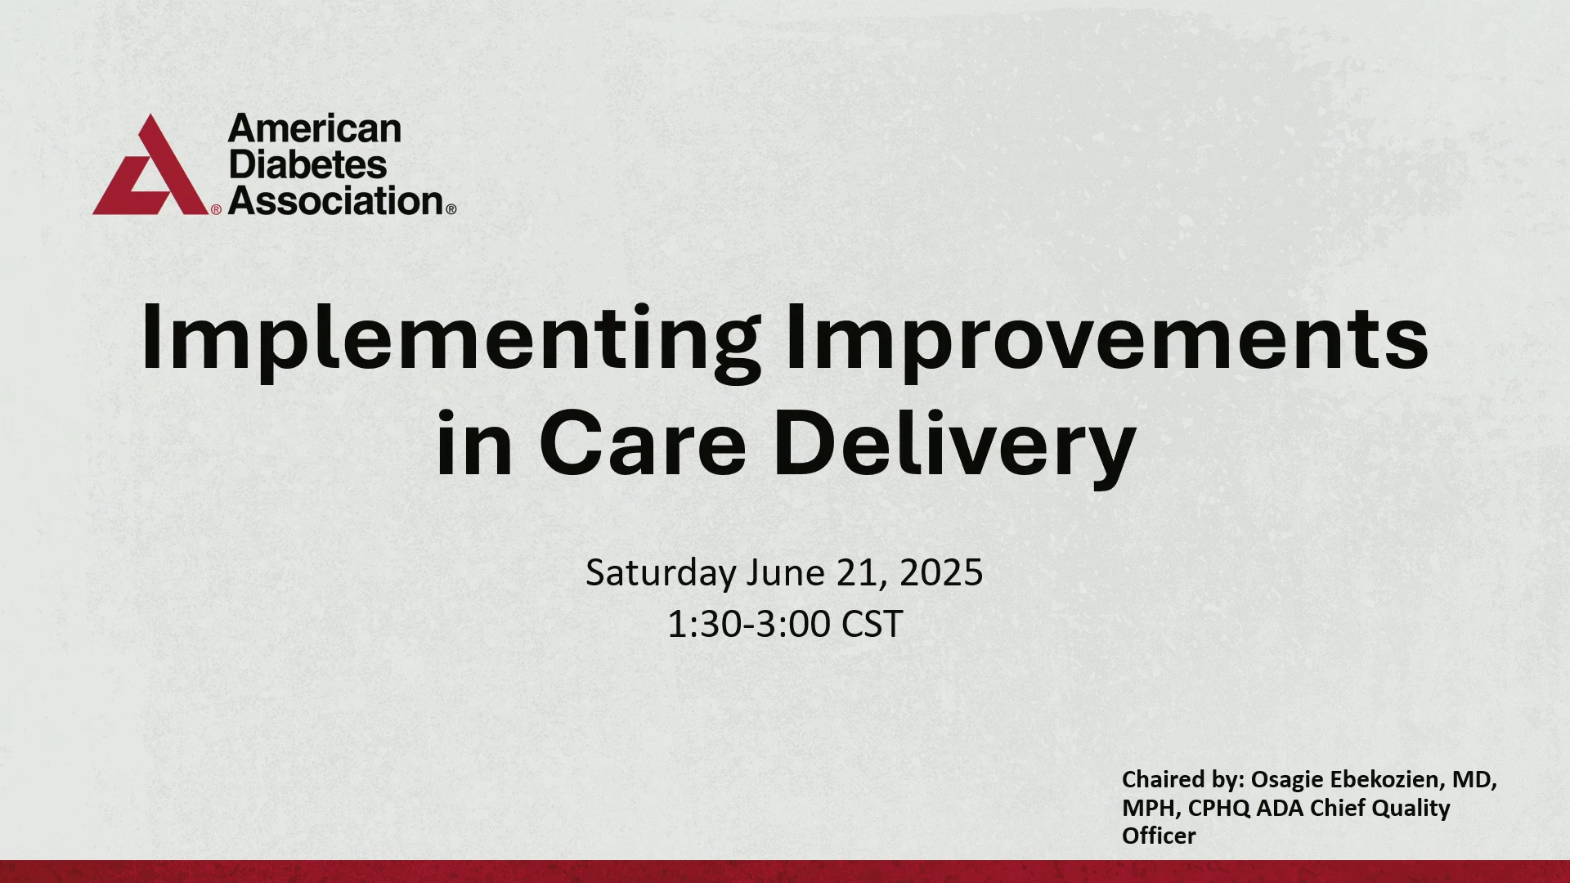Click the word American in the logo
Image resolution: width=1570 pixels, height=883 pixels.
pos(315,129)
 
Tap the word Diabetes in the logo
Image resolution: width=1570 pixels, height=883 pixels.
pos(307,164)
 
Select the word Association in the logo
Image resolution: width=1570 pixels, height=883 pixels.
pos(336,200)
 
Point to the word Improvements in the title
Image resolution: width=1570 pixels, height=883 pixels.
pos(1106,338)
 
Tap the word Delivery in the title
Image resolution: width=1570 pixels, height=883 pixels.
pos(955,448)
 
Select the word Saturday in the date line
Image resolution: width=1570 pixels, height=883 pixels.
pos(661,573)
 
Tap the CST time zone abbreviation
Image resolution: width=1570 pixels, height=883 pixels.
pos(872,625)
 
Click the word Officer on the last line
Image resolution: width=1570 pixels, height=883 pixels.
pos(1159,836)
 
